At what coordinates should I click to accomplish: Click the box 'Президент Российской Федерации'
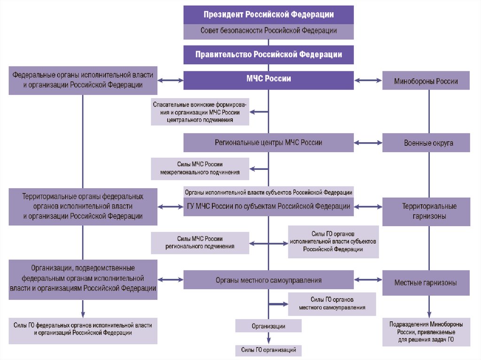[x=268, y=15]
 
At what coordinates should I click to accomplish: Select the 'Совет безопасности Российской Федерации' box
[x=268, y=31]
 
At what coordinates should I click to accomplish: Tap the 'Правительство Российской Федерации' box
[x=268, y=54]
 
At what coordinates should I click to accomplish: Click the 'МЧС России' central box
[x=268, y=80]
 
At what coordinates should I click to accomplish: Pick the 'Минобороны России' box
[x=426, y=81]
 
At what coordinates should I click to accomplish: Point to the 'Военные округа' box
[x=426, y=143]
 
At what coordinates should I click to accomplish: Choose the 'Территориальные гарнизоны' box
[x=426, y=212]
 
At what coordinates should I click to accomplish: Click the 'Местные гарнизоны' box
[x=426, y=283]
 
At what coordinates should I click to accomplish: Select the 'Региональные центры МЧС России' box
[x=268, y=142]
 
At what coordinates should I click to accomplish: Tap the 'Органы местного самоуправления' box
[x=268, y=280]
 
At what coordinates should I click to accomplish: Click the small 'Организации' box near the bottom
[x=268, y=326]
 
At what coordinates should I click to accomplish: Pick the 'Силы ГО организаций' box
[x=268, y=350]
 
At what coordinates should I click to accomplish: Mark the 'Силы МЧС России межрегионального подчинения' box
[x=200, y=169]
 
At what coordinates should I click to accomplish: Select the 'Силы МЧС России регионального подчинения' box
[x=200, y=243]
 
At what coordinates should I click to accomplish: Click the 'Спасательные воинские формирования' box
[x=200, y=112]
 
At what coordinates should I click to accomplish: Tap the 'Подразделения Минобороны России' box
[x=426, y=333]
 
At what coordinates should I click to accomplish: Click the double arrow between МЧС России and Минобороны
[x=368, y=81]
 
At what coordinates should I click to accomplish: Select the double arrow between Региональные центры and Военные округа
[x=368, y=143]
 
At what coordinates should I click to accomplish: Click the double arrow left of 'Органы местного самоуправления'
[x=170, y=280]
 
